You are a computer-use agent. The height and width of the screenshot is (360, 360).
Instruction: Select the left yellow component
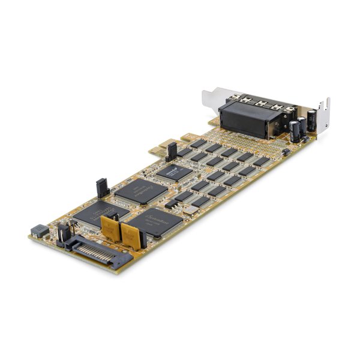[110, 227]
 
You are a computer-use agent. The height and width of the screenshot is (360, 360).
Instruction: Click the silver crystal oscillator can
[191, 210]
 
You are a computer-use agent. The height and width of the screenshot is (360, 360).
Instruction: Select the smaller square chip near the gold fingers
[175, 173]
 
